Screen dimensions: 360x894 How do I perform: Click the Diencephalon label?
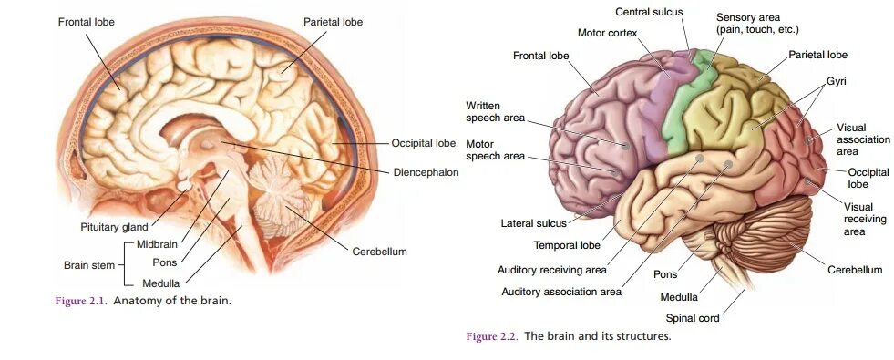[x=426, y=172]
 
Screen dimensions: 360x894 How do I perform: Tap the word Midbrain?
[x=158, y=244]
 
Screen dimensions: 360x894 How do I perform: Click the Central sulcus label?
[x=649, y=12]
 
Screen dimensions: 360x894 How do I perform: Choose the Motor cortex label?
[x=607, y=33]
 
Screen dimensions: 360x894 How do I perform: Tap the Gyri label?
[x=837, y=82]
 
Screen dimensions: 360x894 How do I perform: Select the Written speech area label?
[x=496, y=111]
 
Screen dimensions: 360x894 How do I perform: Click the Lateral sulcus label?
[x=533, y=222]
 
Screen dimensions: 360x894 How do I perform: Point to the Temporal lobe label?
[x=566, y=245]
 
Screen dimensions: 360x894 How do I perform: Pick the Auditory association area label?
[x=561, y=292]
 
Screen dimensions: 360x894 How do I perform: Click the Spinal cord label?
[x=692, y=318]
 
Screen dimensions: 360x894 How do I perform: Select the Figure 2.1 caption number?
[x=78, y=300]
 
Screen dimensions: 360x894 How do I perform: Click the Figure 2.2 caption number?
[x=491, y=336]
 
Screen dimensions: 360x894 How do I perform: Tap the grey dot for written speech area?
[x=626, y=145]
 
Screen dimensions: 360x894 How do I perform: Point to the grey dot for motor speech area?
[x=615, y=170]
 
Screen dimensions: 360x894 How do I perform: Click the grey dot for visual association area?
[x=809, y=140]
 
